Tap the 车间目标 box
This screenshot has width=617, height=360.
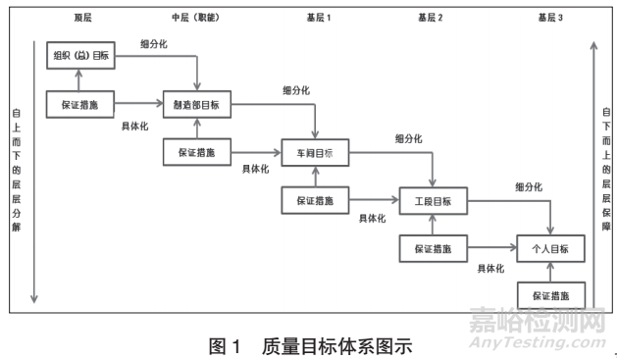tap(315, 153)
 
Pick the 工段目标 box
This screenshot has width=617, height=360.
tap(433, 201)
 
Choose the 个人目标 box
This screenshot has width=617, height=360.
tap(550, 248)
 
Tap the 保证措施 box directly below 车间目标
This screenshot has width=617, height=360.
tap(315, 200)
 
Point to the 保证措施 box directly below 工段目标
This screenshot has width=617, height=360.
tap(433, 248)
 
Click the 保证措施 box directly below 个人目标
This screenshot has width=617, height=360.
tap(550, 294)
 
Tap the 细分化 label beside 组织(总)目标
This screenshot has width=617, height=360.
tap(152, 43)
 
